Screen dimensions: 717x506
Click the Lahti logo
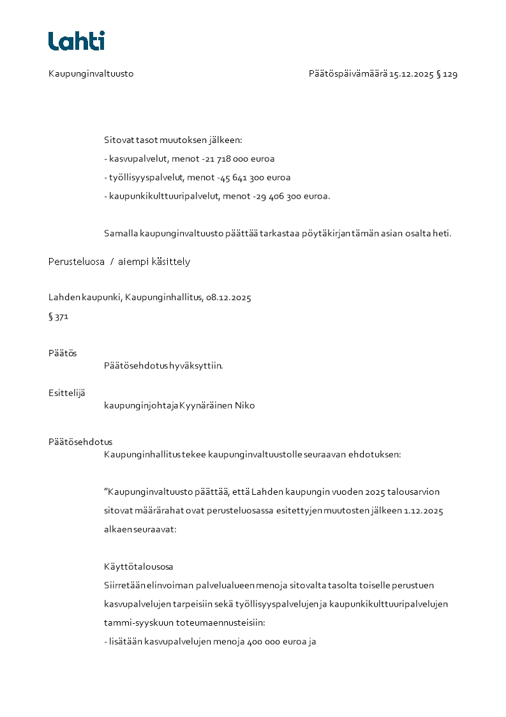(x=77, y=41)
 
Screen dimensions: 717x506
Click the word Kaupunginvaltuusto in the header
(x=91, y=74)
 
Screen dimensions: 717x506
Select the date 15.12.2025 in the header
(x=412, y=74)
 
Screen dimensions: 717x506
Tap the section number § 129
(x=447, y=74)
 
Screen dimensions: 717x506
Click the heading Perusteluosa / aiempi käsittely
(x=119, y=262)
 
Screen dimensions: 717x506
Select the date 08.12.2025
(x=228, y=298)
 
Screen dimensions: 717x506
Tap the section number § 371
(x=58, y=317)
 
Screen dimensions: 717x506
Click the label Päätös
(x=63, y=354)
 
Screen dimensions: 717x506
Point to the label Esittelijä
(x=66, y=393)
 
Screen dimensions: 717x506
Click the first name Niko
(x=244, y=405)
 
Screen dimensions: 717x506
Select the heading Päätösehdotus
(x=80, y=442)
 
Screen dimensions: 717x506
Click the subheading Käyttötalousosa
(x=138, y=567)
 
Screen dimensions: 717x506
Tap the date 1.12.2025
(x=423, y=511)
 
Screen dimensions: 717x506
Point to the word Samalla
(x=121, y=233)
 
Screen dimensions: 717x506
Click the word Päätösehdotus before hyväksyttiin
(x=135, y=366)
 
